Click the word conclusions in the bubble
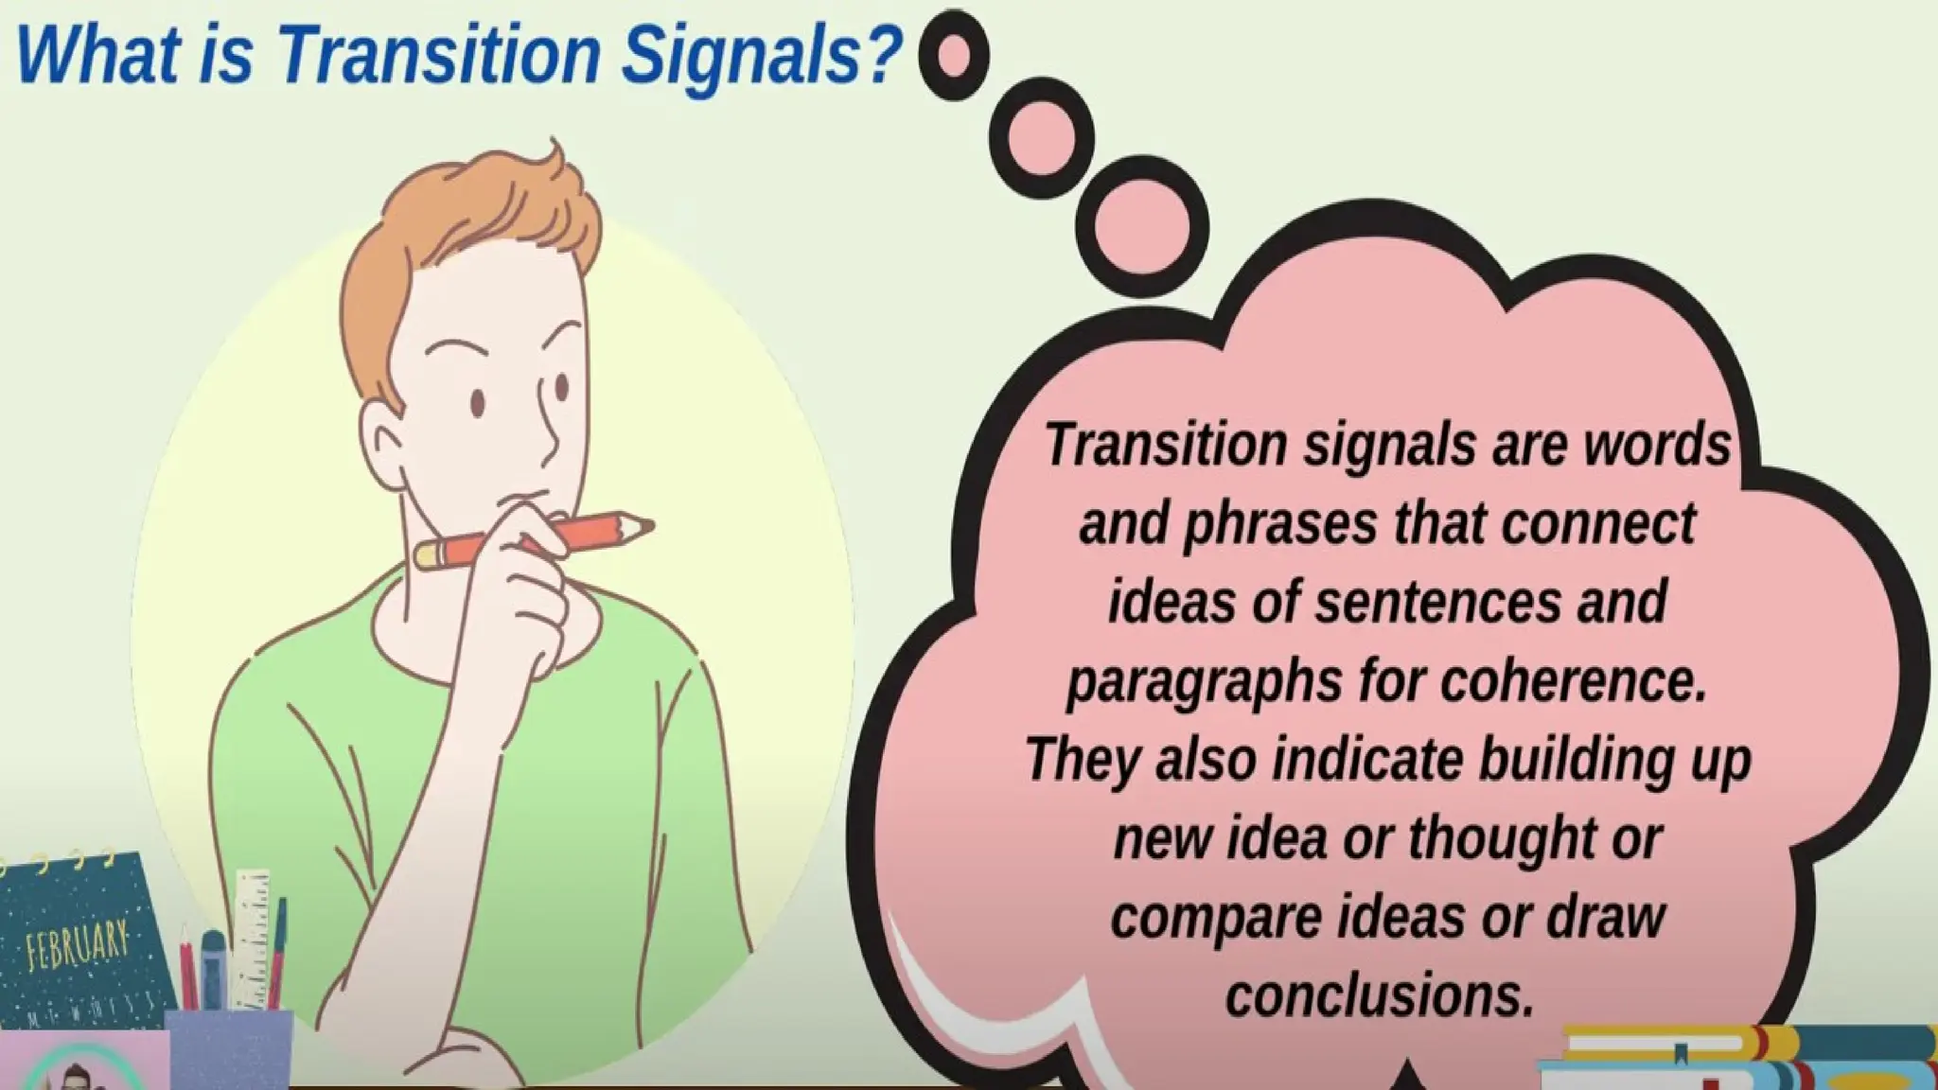1379,995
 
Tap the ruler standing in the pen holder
250,937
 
